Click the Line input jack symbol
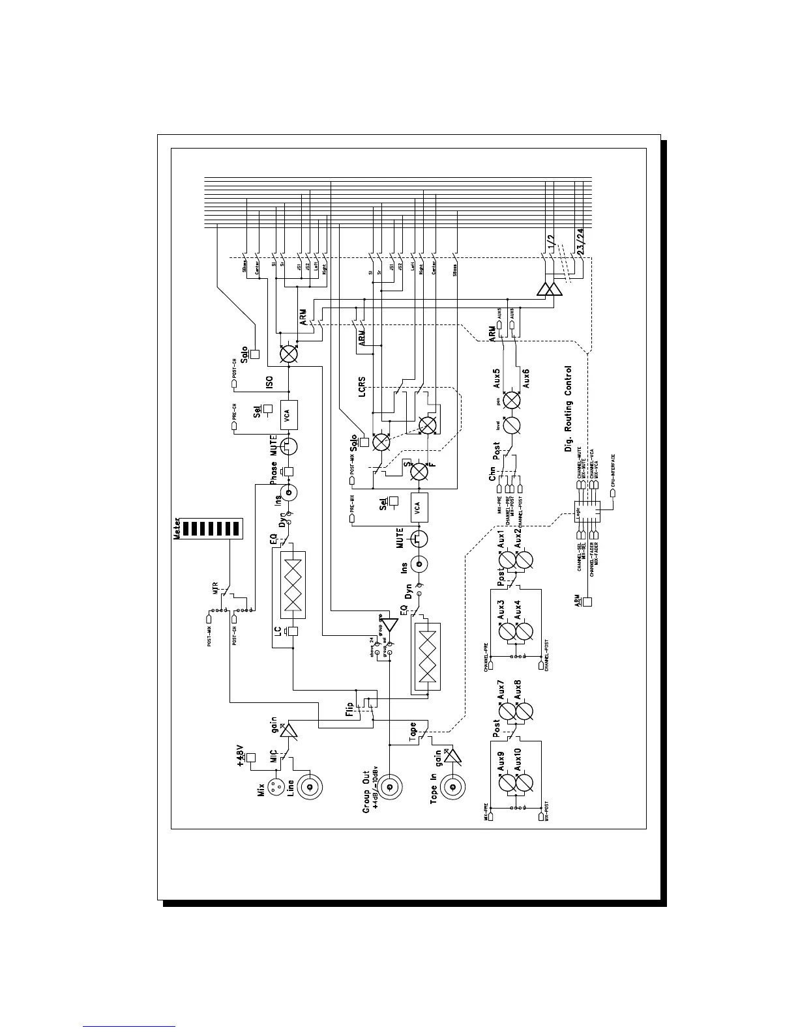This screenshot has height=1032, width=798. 310,787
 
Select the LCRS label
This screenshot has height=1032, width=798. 362,385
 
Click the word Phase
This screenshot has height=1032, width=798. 274,473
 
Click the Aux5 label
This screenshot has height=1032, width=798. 497,377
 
